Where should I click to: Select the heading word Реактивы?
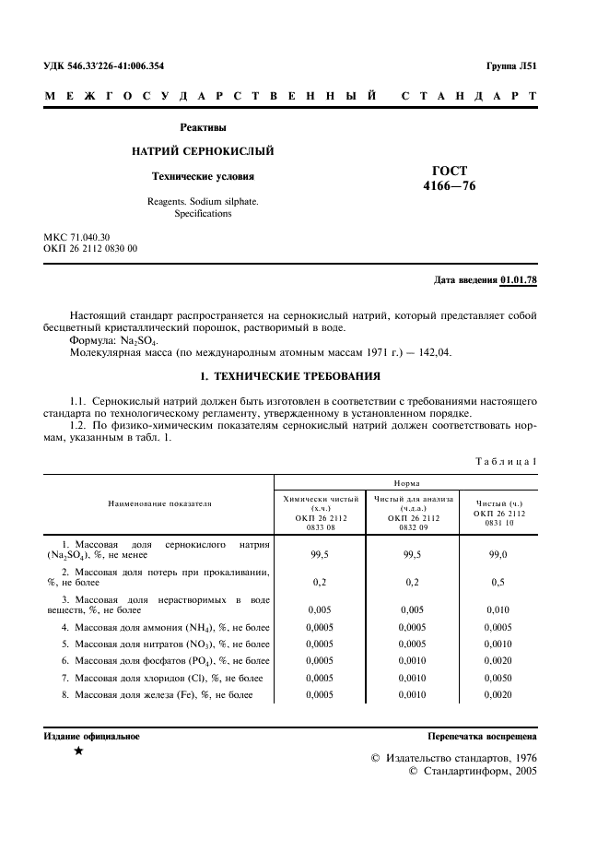click(x=203, y=127)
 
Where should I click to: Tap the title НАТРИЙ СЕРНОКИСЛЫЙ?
click(x=203, y=151)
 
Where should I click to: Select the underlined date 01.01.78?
click(x=519, y=279)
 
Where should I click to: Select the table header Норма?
click(x=406, y=482)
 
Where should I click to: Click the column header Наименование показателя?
click(x=159, y=504)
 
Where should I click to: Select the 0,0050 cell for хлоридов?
click(x=499, y=678)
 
